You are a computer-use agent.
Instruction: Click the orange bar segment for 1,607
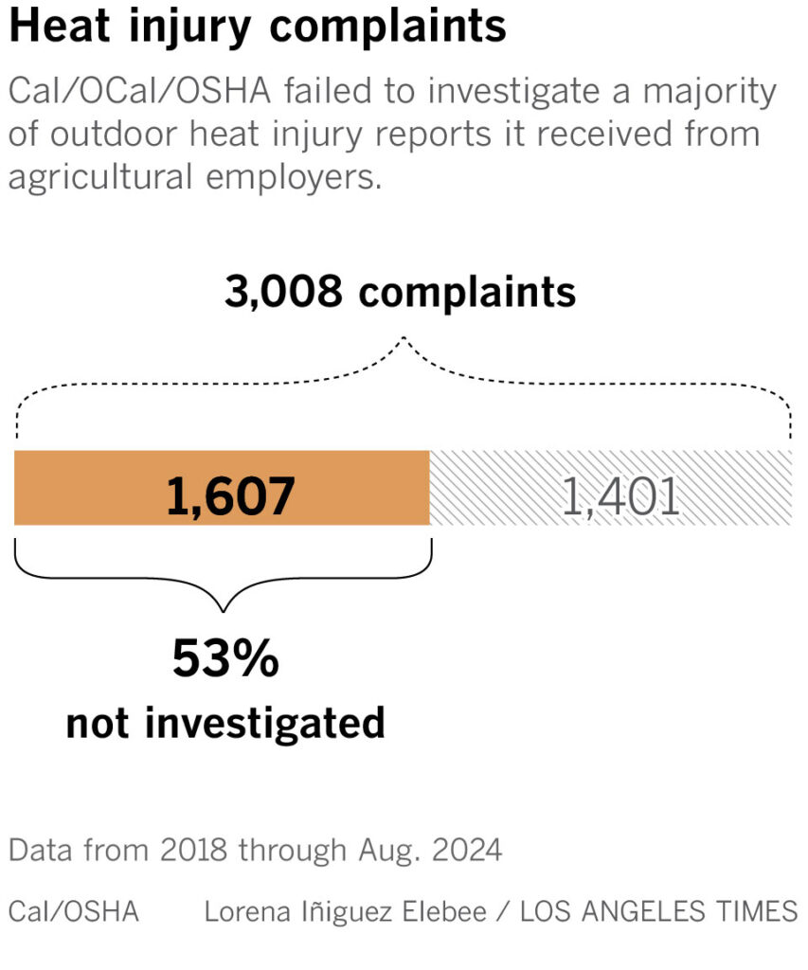[x=95, y=488]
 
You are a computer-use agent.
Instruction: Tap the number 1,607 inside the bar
[x=230, y=496]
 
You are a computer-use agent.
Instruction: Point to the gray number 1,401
[x=620, y=496]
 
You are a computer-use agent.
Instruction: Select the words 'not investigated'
[x=225, y=723]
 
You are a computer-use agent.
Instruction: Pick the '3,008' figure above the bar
[x=283, y=292]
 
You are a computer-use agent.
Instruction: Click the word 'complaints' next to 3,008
[x=467, y=293]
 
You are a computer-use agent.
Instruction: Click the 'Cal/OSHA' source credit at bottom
[x=73, y=911]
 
